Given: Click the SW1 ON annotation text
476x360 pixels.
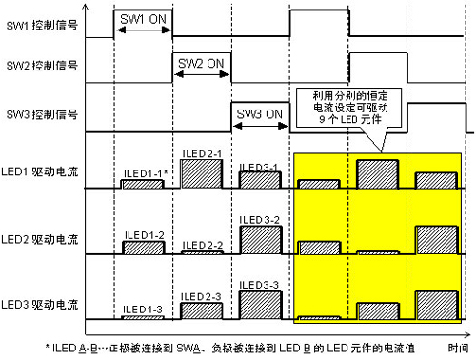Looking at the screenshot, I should (x=143, y=19).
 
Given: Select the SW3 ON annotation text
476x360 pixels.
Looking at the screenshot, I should (x=260, y=114).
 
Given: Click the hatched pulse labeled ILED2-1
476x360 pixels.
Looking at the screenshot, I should (x=201, y=172).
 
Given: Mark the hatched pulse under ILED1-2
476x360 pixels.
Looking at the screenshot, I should (x=144, y=248).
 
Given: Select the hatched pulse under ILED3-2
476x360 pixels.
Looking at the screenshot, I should (x=260, y=240).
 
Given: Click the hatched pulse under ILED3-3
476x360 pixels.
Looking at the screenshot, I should (x=260, y=304).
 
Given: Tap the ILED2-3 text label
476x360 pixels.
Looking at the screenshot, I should (x=201, y=296).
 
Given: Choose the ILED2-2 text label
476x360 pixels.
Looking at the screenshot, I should (x=201, y=245).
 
